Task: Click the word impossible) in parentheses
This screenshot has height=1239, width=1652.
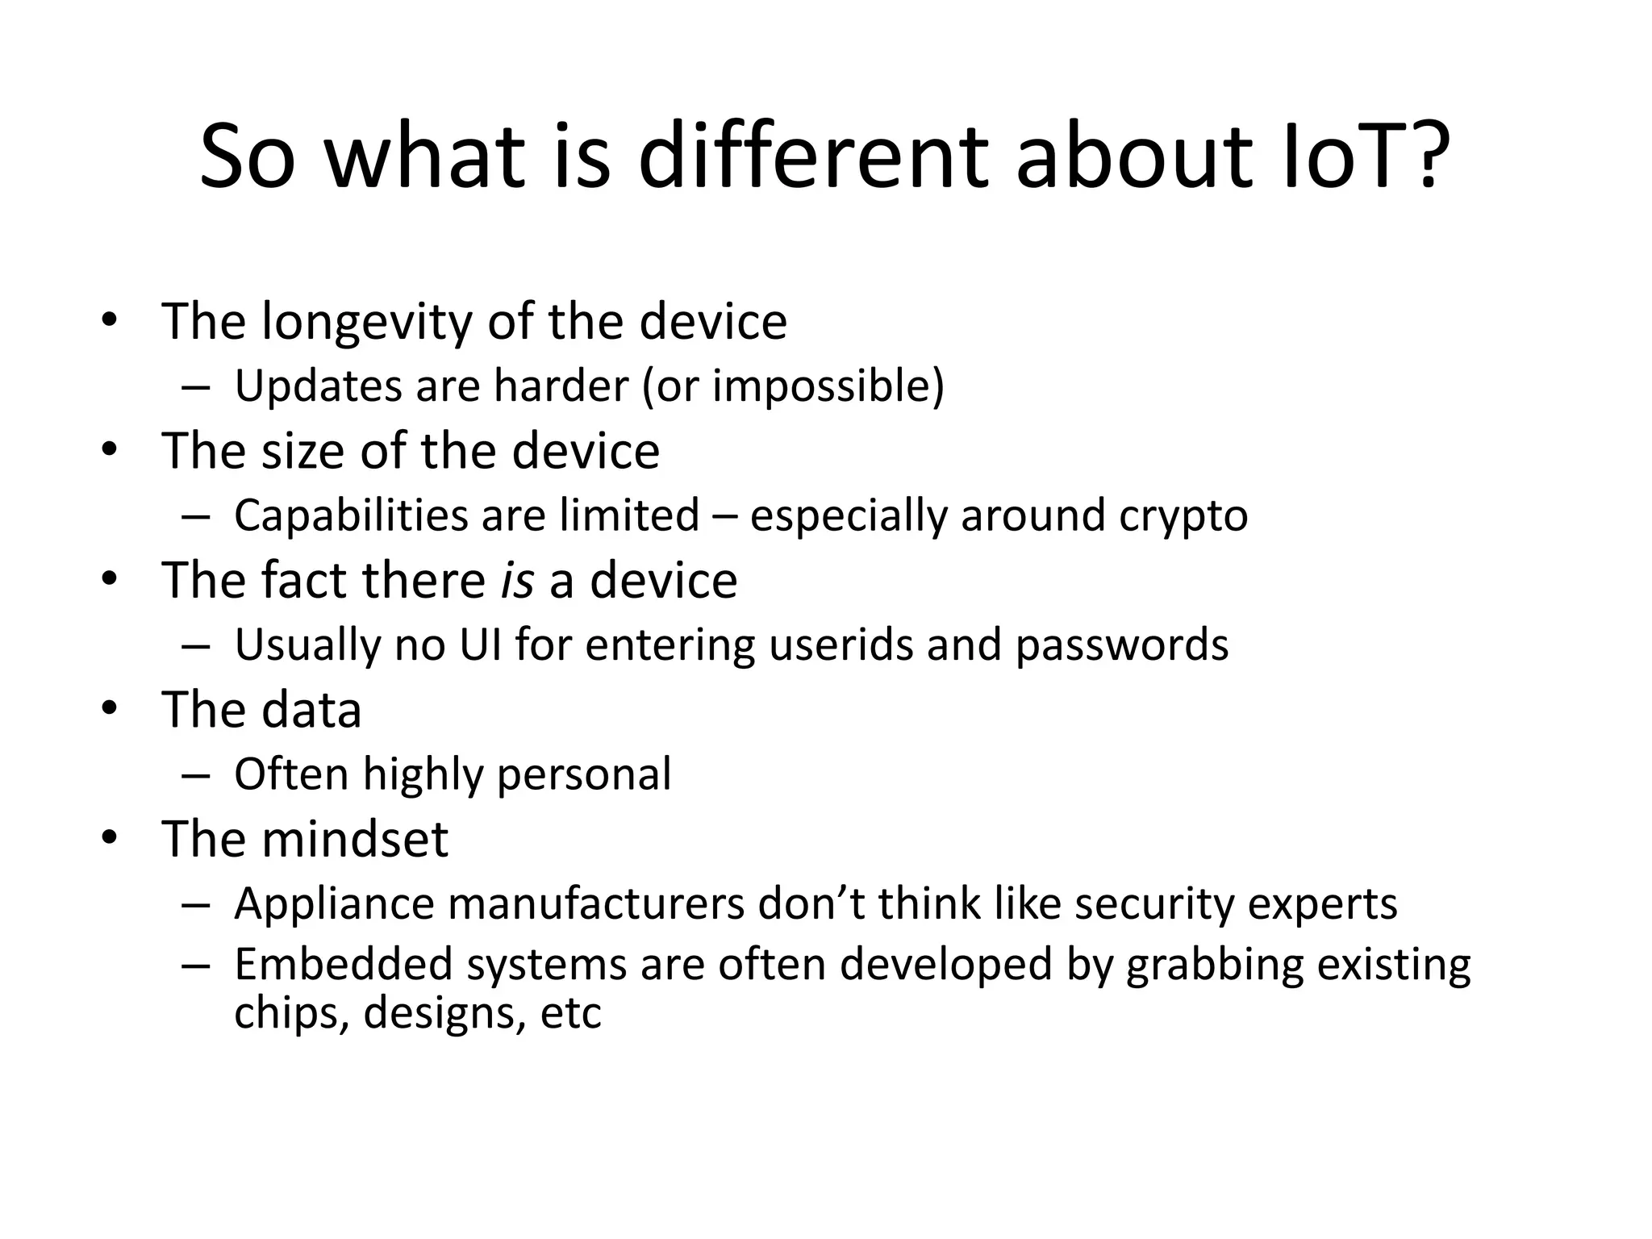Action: click(828, 386)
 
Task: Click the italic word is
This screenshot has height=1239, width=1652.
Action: click(517, 580)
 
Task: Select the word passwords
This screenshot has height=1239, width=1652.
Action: click(1121, 646)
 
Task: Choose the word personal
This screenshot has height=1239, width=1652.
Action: click(583, 775)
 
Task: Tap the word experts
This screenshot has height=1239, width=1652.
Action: click(1322, 904)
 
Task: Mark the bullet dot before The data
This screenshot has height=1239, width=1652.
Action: click(110, 709)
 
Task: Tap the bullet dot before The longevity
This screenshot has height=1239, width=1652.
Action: click(110, 321)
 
